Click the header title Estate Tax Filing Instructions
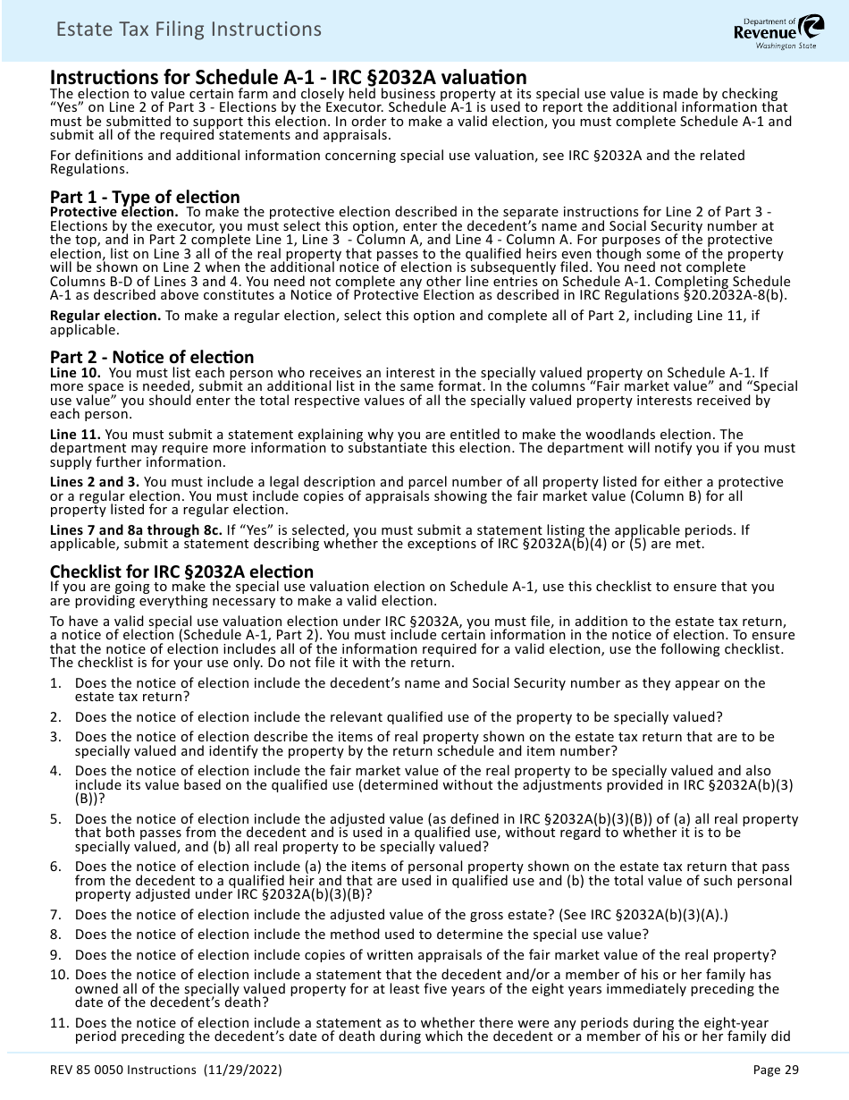pyautogui.click(x=188, y=30)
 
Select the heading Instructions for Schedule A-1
pyautogui.click(x=288, y=77)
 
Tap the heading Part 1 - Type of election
pyautogui.click(x=145, y=197)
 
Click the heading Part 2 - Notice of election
pyautogui.click(x=152, y=357)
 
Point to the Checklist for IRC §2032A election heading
pyautogui.click(x=181, y=571)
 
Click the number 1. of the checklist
pyautogui.click(x=55, y=682)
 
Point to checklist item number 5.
pyautogui.click(x=55, y=818)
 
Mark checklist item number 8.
pyautogui.click(x=55, y=934)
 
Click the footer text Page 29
pyautogui.click(x=776, y=1070)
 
